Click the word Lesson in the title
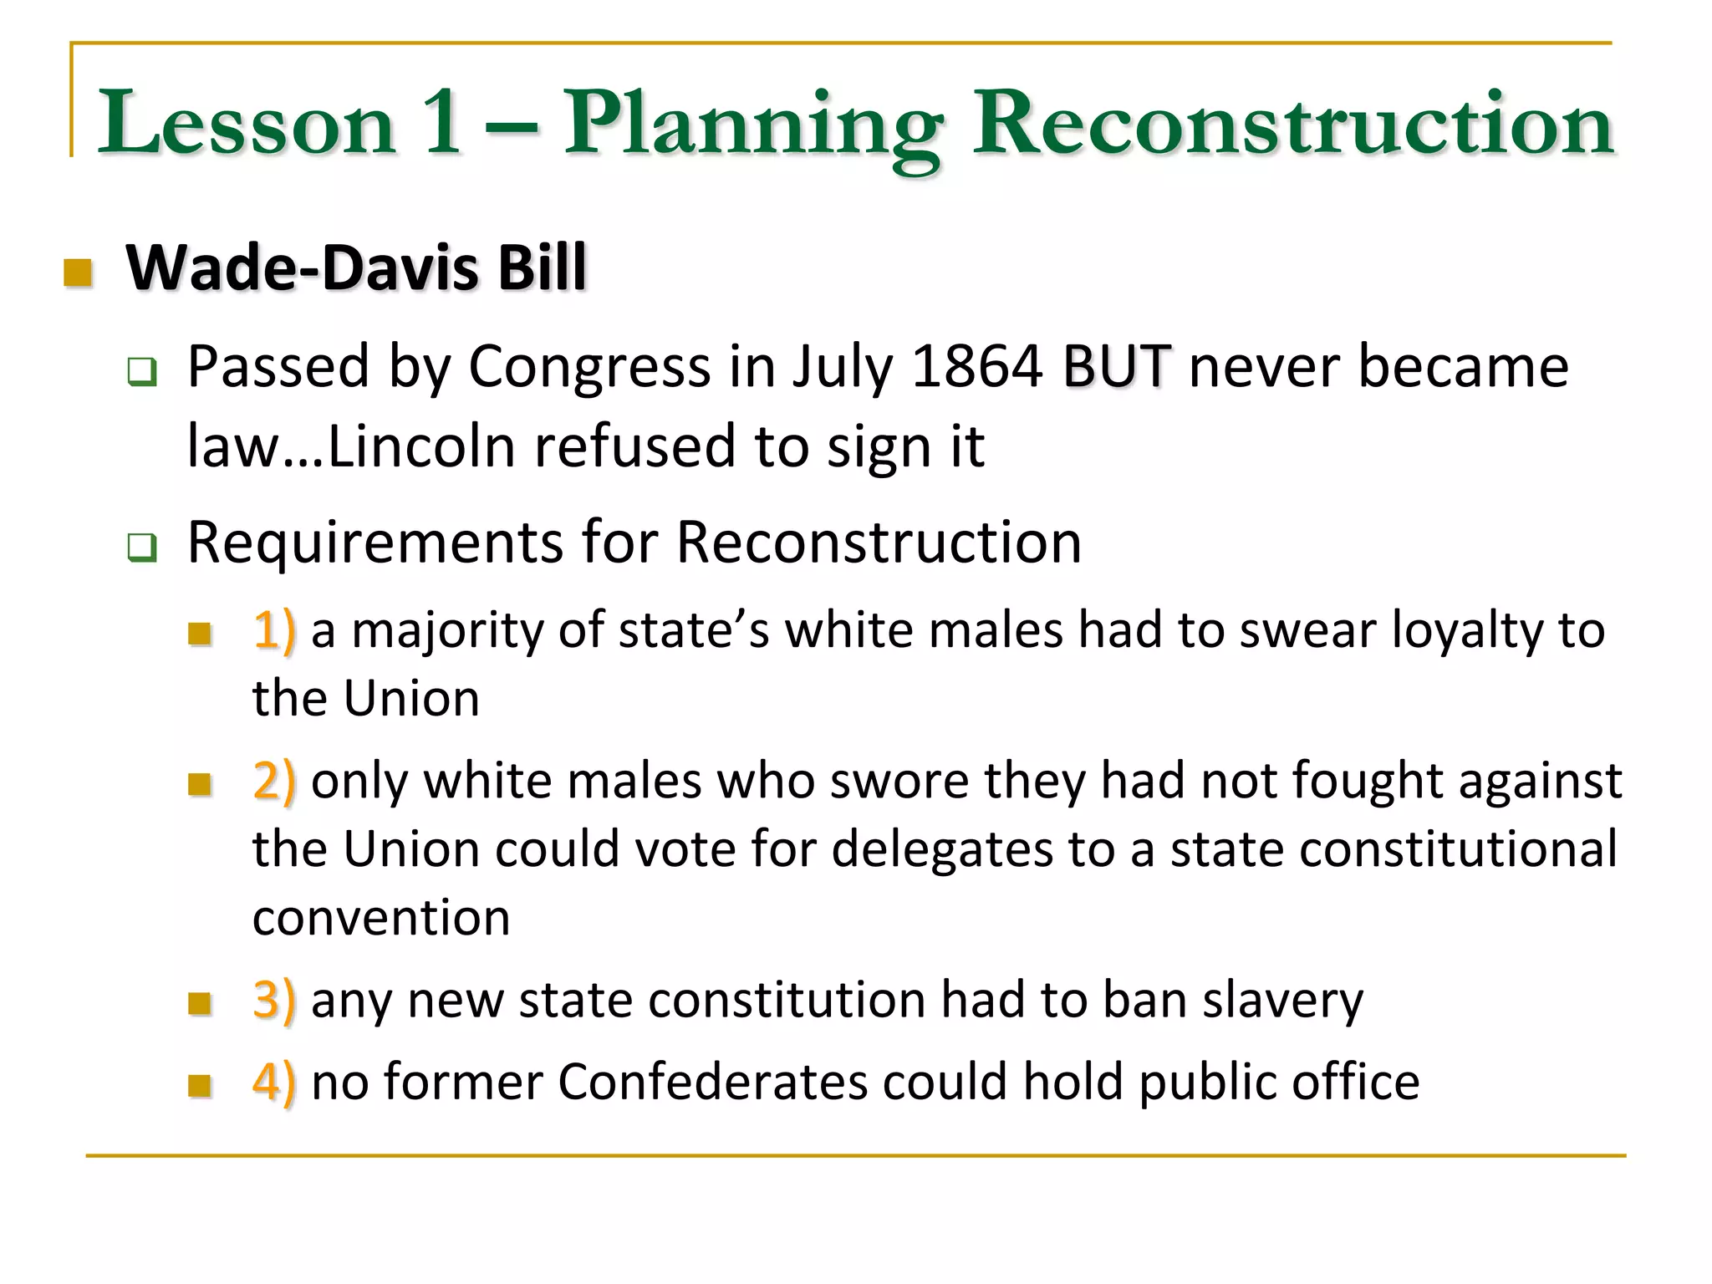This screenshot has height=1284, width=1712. point(247,124)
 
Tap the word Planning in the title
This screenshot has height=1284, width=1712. point(753,125)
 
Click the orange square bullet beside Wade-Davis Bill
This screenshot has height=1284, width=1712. point(78,272)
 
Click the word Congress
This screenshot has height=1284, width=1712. point(590,368)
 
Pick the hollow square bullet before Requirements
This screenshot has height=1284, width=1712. point(141,548)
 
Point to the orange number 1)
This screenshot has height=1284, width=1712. point(274,630)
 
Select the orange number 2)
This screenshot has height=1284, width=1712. point(274,782)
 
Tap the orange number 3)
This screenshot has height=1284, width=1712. point(274,1000)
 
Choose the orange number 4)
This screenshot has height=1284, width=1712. point(274,1083)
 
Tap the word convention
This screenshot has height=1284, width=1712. point(381,919)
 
